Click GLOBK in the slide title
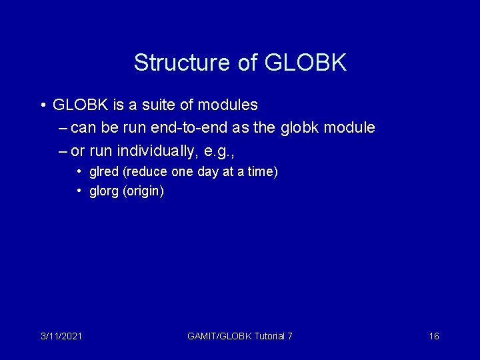click(x=305, y=63)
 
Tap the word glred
click(x=103, y=172)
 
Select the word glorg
click(x=103, y=192)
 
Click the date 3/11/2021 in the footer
click(x=61, y=336)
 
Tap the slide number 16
click(x=434, y=336)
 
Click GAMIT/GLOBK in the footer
click(x=219, y=336)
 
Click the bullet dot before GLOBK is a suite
click(x=42, y=105)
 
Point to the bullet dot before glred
click(x=79, y=172)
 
